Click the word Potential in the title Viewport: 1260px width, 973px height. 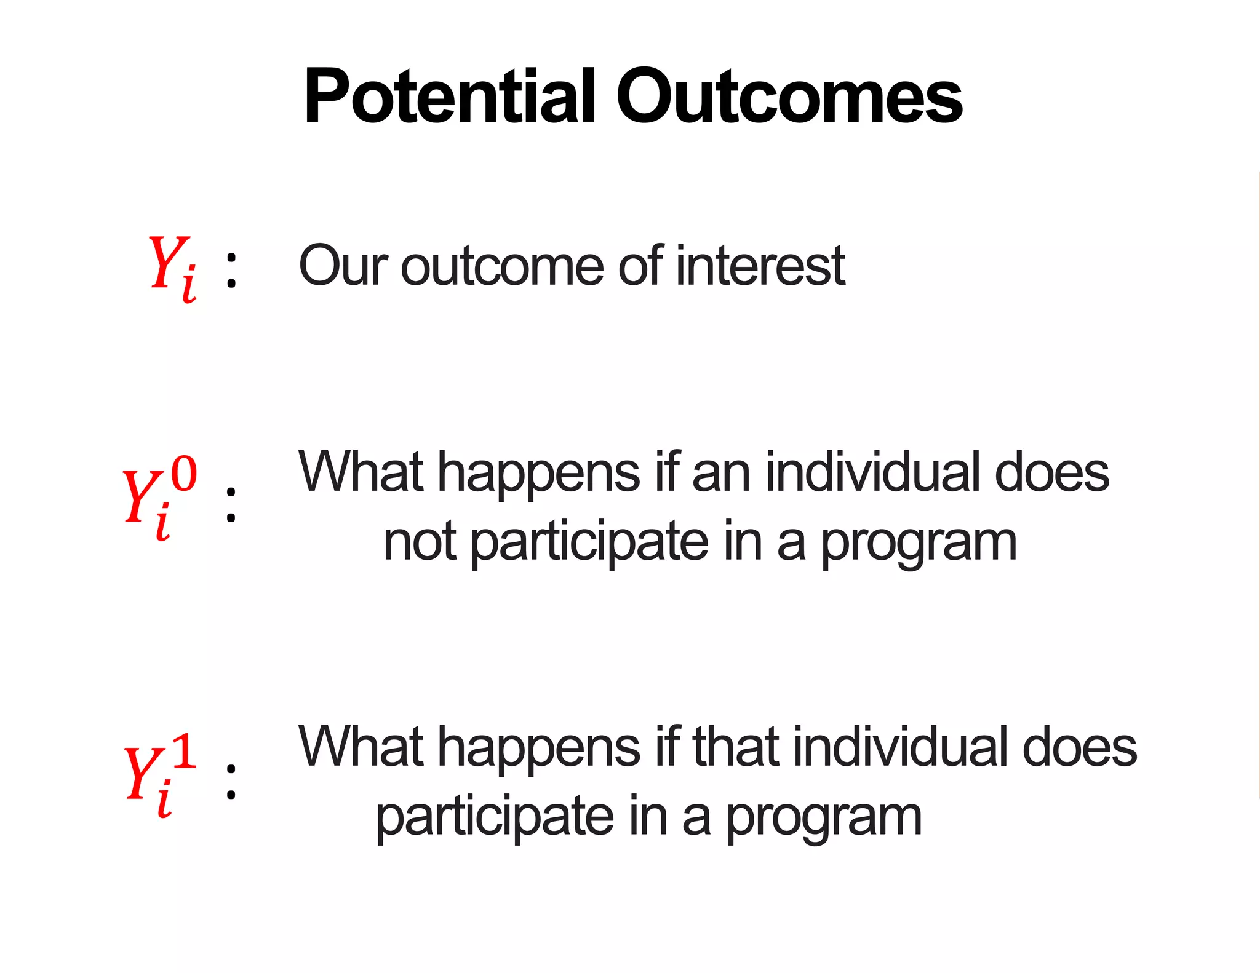click(449, 97)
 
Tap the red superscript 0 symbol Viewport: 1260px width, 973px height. click(184, 474)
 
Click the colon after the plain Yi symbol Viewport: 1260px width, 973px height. click(231, 271)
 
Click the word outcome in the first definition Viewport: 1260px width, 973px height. click(502, 266)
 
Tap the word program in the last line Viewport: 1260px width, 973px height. click(824, 818)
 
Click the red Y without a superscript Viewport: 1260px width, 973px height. click(167, 263)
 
